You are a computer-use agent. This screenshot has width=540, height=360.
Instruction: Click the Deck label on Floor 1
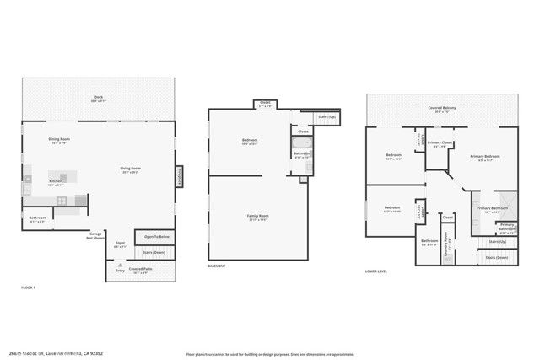(100, 99)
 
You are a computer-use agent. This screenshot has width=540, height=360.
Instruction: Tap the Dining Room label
(59, 140)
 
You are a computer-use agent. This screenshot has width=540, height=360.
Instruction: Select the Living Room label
(129, 170)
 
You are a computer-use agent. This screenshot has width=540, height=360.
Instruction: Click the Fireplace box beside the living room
(179, 176)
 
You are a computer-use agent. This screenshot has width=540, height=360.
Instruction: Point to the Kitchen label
(56, 182)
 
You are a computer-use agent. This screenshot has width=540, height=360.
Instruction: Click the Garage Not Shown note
(97, 236)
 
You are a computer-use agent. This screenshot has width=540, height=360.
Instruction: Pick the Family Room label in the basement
(256, 218)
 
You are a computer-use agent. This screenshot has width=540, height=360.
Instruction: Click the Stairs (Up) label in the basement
(327, 116)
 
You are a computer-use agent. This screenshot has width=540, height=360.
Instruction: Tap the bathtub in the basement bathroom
(301, 154)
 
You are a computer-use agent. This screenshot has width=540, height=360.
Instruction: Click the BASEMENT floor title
(217, 266)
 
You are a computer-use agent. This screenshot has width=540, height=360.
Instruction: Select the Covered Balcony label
(443, 109)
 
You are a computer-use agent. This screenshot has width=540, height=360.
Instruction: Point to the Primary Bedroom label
(487, 158)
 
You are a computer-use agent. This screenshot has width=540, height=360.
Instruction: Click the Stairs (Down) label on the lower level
(496, 257)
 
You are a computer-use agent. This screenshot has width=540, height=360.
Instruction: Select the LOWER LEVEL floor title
(376, 271)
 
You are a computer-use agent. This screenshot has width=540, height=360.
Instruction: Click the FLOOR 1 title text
(28, 288)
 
